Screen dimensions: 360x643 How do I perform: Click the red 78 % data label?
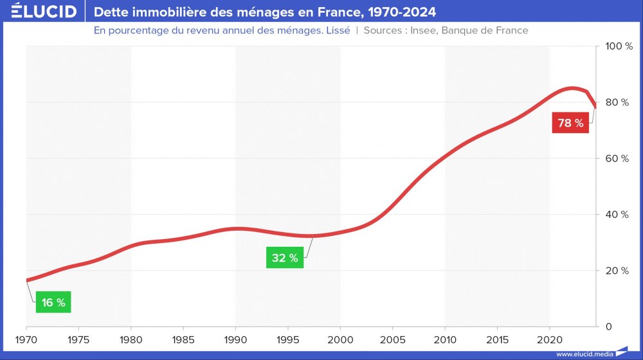(x=570, y=123)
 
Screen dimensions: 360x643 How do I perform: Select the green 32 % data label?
(x=285, y=258)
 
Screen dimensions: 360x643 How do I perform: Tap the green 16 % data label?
(x=53, y=302)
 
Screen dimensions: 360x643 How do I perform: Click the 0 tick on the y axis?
(x=608, y=326)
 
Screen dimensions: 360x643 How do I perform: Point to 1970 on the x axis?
(x=26, y=339)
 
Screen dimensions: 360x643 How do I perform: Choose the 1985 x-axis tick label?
(x=183, y=339)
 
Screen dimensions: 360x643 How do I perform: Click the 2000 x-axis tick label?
(x=340, y=339)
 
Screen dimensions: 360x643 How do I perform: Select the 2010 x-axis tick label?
(x=445, y=339)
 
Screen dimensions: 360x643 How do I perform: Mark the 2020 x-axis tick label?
(x=550, y=339)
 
